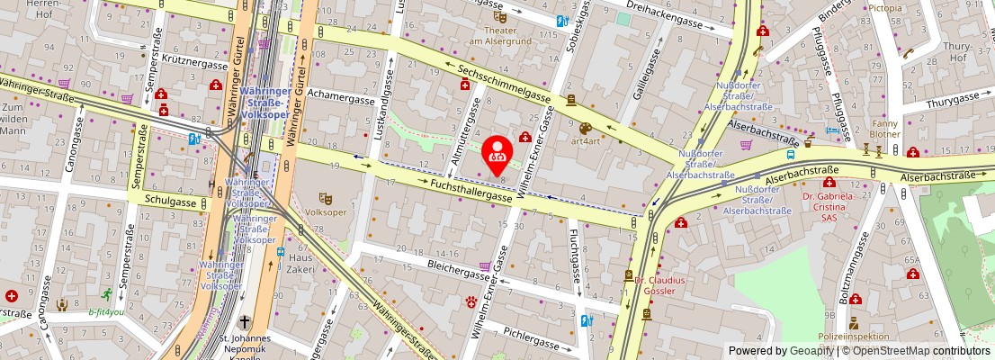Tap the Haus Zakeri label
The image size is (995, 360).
coord(300,264)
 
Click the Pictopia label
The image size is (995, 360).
coord(885,7)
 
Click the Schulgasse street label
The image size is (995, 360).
coord(170,201)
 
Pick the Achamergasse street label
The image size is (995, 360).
coord(340,93)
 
